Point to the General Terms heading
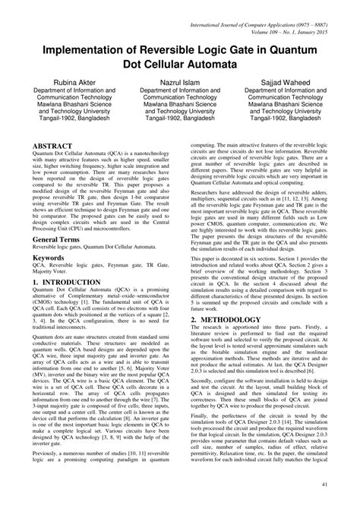pyautogui.click(x=63, y=239)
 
